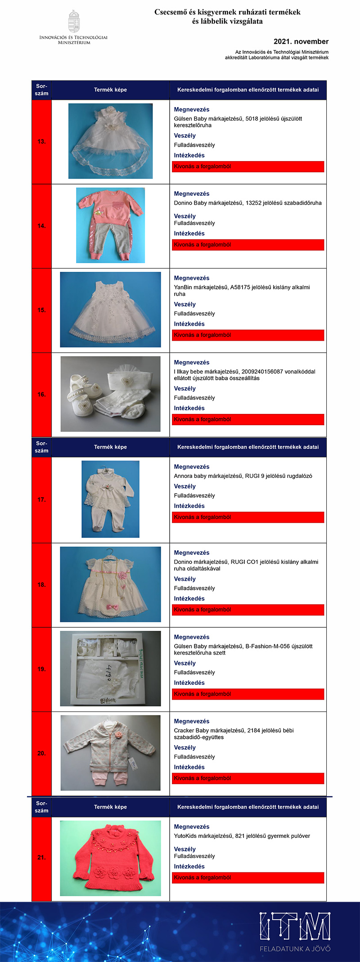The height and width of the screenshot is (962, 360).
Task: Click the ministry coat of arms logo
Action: click(74, 21)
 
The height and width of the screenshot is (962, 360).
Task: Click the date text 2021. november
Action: click(301, 41)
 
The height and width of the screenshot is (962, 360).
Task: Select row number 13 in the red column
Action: click(41, 142)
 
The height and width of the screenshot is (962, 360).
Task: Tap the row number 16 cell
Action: click(41, 395)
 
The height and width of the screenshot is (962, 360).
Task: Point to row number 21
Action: click(41, 857)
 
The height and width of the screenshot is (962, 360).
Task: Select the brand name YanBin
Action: click(183, 287)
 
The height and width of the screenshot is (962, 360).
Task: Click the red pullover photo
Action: click(110, 858)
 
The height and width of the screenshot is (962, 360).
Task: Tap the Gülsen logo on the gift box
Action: click(108, 700)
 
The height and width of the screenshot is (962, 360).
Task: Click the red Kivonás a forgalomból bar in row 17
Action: click(248, 517)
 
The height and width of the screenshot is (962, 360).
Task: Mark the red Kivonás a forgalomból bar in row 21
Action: click(248, 877)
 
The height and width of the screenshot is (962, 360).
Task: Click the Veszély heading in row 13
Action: click(185, 135)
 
